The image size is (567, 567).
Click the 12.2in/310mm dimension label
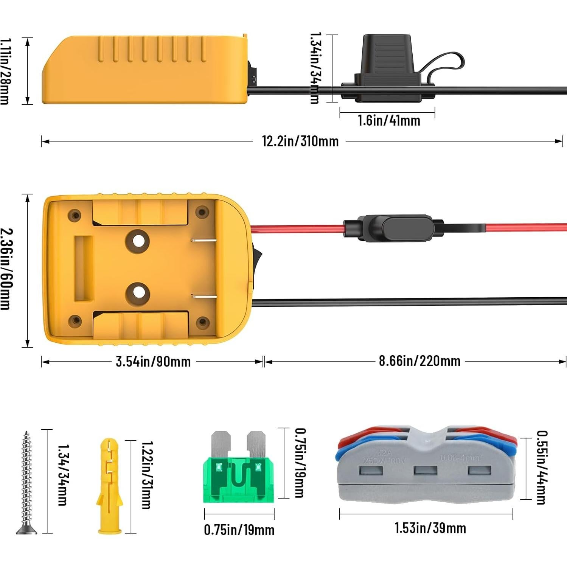coord(300,141)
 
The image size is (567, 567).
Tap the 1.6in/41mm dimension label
coord(389,121)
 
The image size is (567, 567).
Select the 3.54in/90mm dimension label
coord(153,362)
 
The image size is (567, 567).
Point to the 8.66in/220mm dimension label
coord(419,361)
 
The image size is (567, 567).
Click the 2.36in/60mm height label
coord(7,269)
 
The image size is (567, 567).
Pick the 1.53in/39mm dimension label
coord(430,528)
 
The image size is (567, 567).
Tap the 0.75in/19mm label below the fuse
coord(239,530)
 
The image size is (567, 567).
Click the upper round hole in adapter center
coord(138,241)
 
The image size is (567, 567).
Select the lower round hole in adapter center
coord(138,294)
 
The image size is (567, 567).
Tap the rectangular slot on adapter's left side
coord(84,269)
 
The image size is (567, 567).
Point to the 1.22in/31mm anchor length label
coord(146,475)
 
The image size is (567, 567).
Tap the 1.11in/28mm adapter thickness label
coord(5,71)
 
